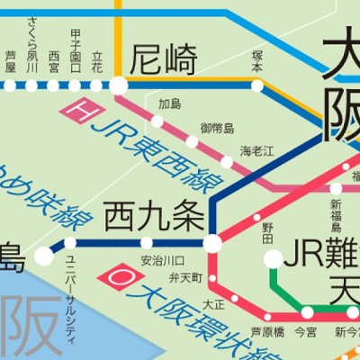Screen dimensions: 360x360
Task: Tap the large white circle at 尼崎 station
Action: (119, 85)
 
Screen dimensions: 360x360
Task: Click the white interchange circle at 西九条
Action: (212, 243)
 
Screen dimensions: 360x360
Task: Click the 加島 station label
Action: (169, 103)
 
